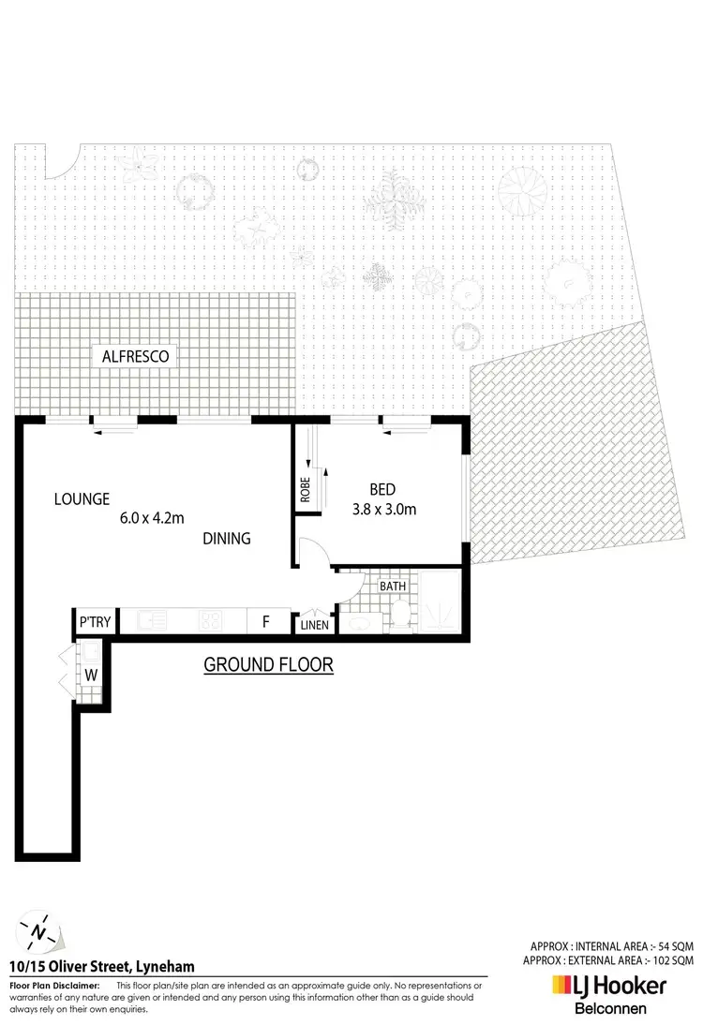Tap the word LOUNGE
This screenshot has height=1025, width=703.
click(x=82, y=498)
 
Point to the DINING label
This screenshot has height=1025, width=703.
click(x=227, y=539)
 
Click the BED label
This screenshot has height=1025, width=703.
click(x=382, y=489)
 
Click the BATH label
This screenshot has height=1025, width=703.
click(x=393, y=587)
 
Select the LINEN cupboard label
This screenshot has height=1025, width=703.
click(x=313, y=624)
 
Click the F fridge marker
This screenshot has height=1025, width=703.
click(x=266, y=621)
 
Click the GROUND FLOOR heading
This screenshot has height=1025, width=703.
click(x=269, y=665)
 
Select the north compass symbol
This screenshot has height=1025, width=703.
click(x=37, y=931)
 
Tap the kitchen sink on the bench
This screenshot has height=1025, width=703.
click(x=151, y=620)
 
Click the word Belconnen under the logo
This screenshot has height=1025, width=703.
click(x=609, y=1009)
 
